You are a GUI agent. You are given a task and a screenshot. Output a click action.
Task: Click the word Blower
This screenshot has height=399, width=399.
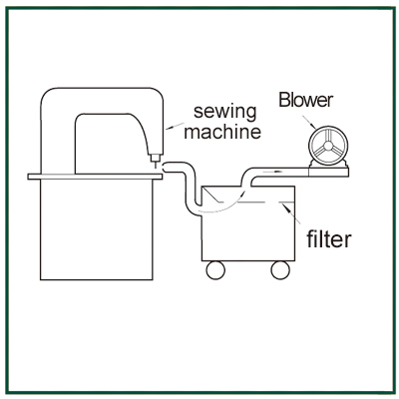point(306,100)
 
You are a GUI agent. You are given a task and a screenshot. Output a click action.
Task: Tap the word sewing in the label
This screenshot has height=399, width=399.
point(225,113)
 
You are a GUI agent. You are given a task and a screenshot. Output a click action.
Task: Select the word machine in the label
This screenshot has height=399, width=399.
point(222,132)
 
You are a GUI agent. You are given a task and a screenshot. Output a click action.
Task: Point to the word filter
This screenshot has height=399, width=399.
point(328,238)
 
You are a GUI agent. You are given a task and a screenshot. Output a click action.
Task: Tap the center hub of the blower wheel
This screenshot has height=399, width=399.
point(328,146)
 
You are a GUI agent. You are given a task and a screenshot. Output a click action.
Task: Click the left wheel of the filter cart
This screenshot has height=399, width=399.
point(215,270)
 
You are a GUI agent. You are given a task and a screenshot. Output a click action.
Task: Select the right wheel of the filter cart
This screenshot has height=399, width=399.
point(280,270)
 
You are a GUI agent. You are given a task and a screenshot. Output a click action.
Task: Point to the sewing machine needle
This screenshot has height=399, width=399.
point(155,165)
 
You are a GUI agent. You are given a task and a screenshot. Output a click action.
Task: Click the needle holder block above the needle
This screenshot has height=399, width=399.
point(155,158)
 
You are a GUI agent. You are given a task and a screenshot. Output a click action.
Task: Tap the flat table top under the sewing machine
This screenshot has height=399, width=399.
point(95,177)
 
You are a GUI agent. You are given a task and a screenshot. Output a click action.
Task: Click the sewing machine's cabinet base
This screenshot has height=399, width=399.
point(97,229)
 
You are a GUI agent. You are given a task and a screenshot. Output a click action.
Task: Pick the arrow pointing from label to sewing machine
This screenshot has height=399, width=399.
point(175,126)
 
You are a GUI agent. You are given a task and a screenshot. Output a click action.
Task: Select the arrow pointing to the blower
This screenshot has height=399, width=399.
point(309,123)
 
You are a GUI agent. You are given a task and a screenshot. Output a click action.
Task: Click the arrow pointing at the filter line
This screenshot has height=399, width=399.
point(290,213)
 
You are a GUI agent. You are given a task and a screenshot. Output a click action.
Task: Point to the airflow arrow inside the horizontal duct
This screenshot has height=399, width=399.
point(273,172)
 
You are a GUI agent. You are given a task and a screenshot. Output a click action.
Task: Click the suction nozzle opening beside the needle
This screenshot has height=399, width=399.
point(165,168)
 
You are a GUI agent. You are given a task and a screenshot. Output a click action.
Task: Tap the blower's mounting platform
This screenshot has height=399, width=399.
point(328,173)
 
